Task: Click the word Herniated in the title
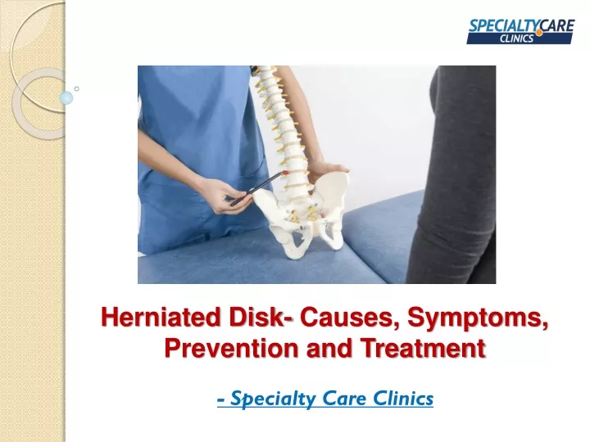tap(161, 317)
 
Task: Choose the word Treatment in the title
tap(424, 348)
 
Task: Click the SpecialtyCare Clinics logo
tap(521, 32)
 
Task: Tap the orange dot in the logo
tap(539, 33)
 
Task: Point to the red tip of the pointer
tap(285, 172)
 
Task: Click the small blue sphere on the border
tap(66, 97)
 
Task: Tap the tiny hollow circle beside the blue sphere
tap(77, 88)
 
